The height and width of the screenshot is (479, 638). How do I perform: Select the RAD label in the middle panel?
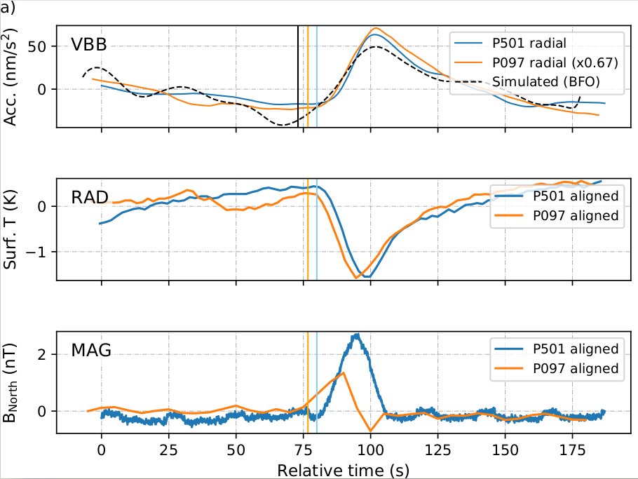pos(90,198)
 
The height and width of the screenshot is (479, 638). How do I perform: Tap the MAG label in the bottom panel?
pos(91,349)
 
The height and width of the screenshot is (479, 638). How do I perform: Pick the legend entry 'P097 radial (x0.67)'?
pos(555,62)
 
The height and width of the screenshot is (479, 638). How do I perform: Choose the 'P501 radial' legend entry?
pos(529,42)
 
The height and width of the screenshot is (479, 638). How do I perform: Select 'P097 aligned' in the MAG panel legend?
pos(575,368)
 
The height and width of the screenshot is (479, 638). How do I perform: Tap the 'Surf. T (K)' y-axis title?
pos(12,229)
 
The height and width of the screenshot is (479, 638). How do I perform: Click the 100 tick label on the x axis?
pos(370,448)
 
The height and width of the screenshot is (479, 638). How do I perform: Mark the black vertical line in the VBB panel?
pos(298,70)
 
